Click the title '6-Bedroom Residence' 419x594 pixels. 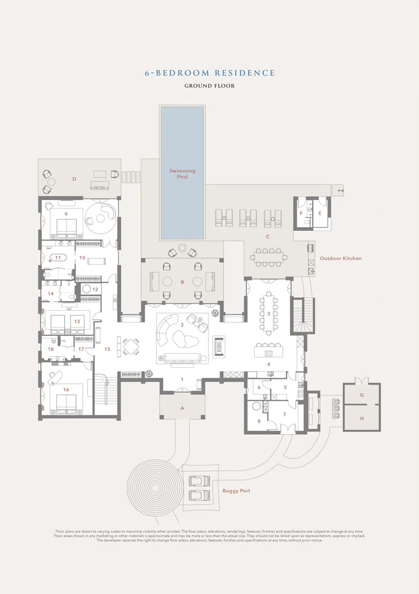[x=209, y=73]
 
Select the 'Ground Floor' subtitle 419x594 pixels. [x=209, y=86]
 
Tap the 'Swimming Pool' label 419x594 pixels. [x=182, y=173]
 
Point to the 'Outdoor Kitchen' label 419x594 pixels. [x=340, y=259]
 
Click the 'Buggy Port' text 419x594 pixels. [x=236, y=491]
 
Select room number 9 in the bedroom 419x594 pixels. [x=66, y=214]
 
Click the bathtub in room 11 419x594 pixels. [x=58, y=258]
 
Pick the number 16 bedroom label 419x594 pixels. [x=66, y=389]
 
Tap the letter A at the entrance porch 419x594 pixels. [x=182, y=408]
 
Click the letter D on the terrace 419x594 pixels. [x=74, y=179]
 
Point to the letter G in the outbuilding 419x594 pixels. [x=361, y=395]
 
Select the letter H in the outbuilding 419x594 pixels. [x=361, y=418]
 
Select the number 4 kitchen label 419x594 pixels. [x=268, y=364]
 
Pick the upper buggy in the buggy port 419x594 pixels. [x=198, y=481]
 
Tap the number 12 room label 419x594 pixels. [x=95, y=289]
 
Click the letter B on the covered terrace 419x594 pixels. [x=182, y=283]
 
